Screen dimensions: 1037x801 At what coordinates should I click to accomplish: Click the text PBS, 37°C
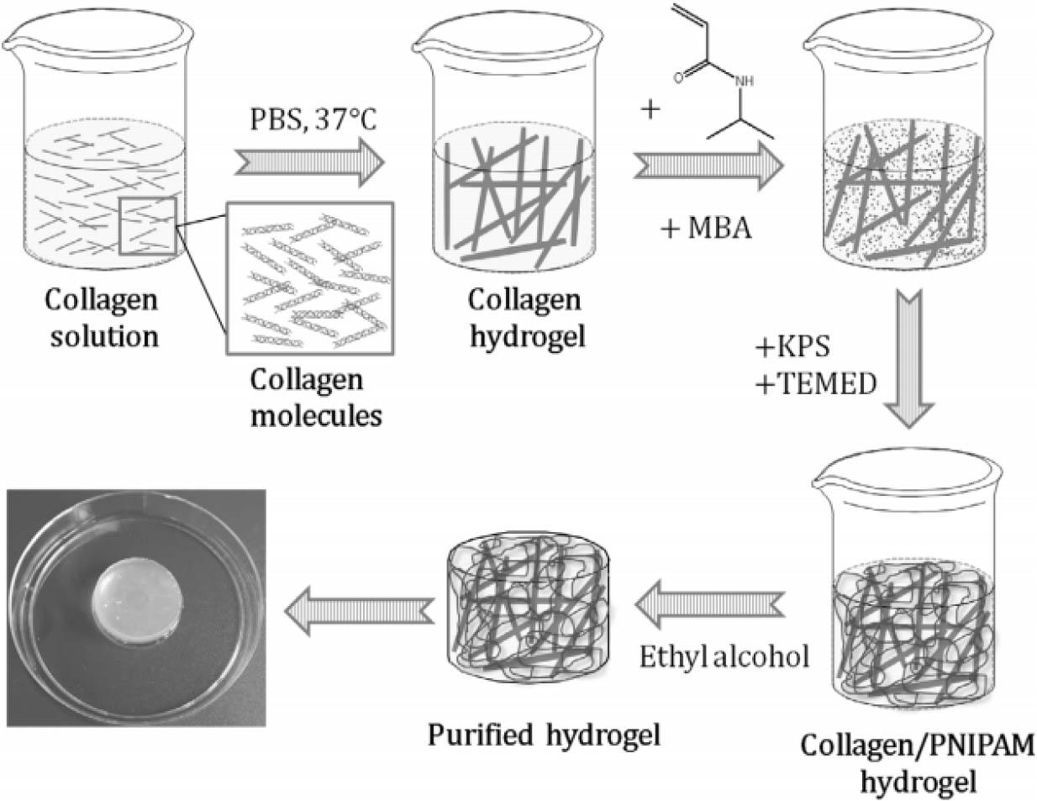coord(313,119)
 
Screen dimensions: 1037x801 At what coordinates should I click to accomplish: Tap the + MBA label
coord(706,229)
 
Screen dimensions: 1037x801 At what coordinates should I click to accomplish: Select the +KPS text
coord(792,347)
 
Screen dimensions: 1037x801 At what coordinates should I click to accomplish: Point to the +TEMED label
coord(817,383)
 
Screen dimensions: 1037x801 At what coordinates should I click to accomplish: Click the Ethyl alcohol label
coord(724,657)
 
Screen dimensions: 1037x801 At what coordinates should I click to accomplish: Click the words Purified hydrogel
coord(544,735)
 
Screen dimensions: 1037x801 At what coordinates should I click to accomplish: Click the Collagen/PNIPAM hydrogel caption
coord(918,764)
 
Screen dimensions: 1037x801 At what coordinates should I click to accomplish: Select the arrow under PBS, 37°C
coord(309,163)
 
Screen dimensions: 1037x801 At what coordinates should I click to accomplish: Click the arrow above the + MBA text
coord(708,166)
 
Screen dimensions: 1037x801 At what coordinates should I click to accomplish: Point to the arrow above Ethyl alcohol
coord(709,604)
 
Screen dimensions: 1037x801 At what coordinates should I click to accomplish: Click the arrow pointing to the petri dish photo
coord(360,611)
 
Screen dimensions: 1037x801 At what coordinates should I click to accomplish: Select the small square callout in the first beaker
coord(148,225)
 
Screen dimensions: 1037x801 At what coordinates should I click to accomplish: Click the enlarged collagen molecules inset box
coord(310,278)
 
